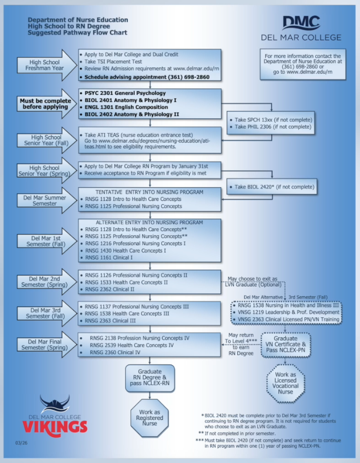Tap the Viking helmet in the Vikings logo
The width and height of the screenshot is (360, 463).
point(55,404)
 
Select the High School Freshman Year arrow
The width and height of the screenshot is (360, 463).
point(47,65)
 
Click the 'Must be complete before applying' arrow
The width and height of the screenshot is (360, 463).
point(47,104)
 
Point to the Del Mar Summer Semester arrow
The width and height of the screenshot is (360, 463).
point(47,200)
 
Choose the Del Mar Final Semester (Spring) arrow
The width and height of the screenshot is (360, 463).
point(47,345)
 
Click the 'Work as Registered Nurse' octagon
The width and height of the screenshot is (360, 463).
point(149,418)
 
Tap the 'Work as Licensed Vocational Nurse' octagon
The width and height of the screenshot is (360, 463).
point(285,383)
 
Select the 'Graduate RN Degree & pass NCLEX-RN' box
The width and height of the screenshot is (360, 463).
point(149,378)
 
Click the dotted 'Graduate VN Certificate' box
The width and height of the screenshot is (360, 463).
point(286,345)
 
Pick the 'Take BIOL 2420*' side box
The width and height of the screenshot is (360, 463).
point(272,187)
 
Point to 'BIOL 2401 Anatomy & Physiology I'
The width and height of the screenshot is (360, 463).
point(130,100)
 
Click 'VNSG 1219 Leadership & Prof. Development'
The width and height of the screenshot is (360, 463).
point(288,312)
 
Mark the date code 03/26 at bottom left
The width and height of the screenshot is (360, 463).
point(21,442)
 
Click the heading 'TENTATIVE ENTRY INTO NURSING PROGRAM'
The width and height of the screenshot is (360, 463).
point(149,192)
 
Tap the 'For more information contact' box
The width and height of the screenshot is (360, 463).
point(303,64)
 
